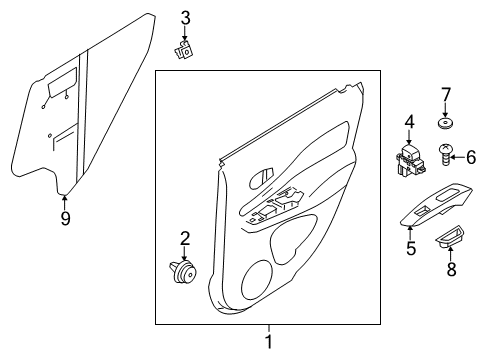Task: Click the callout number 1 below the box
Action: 267,343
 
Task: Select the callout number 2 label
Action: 183,237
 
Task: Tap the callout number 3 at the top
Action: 184,17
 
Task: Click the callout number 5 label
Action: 410,247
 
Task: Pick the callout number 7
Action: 446,96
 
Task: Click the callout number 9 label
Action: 65,216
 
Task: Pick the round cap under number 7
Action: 445,125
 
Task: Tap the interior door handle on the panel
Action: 261,176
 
